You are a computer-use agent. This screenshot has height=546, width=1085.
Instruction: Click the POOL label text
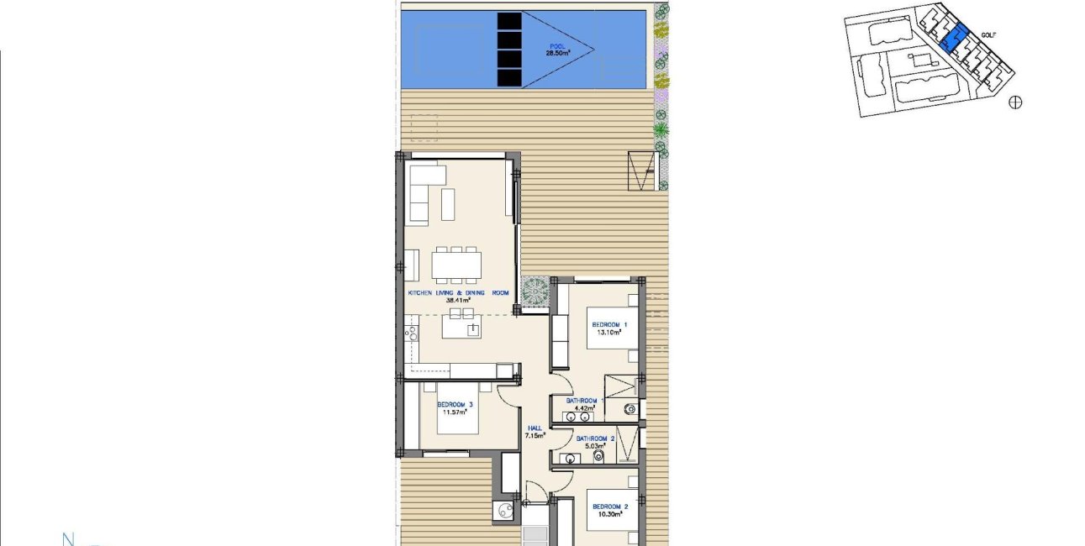click(557, 46)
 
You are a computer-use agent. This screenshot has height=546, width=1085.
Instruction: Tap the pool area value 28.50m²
click(558, 53)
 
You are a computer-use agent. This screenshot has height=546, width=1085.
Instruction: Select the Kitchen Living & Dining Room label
click(458, 293)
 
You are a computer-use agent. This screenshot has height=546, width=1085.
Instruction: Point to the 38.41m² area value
click(458, 300)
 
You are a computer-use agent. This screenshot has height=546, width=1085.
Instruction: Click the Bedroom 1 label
click(609, 325)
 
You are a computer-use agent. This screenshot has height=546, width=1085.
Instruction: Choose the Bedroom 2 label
click(610, 507)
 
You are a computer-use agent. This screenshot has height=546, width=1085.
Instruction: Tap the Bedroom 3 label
click(455, 405)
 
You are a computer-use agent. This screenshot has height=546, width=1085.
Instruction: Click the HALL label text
click(535, 428)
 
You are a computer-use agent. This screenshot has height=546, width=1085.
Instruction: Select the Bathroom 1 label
click(585, 401)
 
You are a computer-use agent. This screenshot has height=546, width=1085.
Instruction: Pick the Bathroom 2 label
click(595, 438)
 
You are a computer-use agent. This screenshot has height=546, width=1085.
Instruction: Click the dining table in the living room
click(456, 265)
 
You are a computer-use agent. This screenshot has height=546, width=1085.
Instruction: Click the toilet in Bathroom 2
click(599, 456)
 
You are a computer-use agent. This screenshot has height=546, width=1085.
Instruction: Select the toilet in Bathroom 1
click(629, 410)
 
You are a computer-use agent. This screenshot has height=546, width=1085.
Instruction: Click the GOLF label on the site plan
click(989, 34)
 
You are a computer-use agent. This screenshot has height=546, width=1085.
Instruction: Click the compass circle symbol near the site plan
click(1015, 102)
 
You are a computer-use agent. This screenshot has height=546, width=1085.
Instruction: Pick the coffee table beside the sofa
click(448, 204)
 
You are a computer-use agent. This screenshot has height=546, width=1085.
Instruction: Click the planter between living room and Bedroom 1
click(535, 291)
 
